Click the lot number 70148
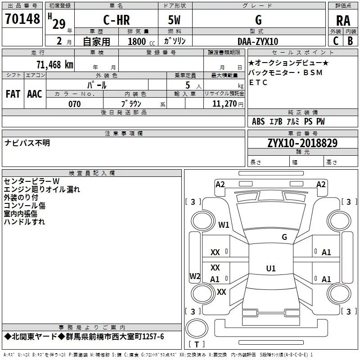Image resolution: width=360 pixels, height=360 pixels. point(22,19)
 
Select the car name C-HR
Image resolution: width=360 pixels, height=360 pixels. point(117,20)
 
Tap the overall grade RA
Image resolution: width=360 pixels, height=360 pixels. point(343,21)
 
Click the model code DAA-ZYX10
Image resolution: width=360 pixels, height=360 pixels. point(258,41)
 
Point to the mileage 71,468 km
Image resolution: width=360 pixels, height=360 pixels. point(55,64)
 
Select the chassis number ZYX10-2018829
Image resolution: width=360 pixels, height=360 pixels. point(302,143)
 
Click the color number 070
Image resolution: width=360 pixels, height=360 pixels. point(74,104)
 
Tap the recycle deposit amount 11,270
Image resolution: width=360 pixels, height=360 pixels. point(224,104)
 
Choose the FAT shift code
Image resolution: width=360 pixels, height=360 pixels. point(13,94)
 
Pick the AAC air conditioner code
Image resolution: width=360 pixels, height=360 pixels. point(35,94)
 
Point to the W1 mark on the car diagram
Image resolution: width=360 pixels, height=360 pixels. point(224,225)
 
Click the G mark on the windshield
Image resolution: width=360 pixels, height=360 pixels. point(284,237)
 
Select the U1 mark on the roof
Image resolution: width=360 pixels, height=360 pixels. point(271,268)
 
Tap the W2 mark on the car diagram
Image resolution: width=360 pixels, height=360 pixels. point(195,276)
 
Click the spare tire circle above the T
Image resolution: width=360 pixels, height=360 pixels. point(197,328)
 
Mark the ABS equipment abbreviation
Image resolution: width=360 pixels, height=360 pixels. point(258,121)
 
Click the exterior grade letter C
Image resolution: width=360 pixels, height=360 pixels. point(336,41)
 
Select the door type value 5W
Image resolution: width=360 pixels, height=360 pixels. point(174,20)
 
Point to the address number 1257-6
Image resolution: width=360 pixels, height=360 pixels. point(153,337)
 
